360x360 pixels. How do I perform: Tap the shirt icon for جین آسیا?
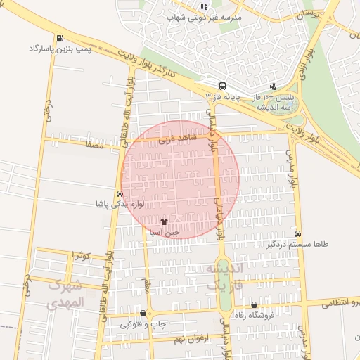click(x=165, y=221)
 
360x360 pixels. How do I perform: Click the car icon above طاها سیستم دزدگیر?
click(x=298, y=233)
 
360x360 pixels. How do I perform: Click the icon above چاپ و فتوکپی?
click(x=143, y=314)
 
